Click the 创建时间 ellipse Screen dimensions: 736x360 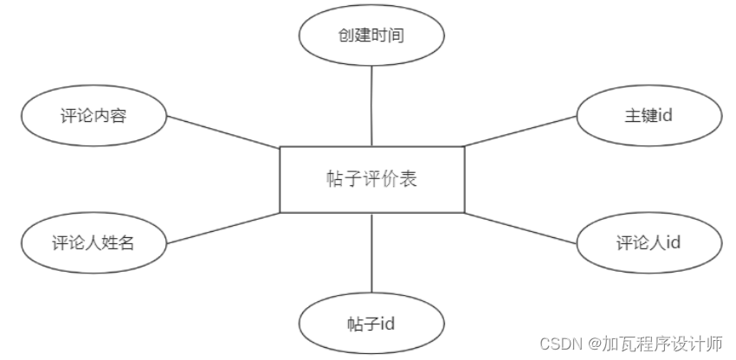371,35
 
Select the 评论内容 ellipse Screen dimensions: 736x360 94,115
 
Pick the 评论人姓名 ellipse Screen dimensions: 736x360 94,242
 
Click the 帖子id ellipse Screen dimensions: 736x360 371,324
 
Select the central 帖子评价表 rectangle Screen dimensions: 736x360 371,179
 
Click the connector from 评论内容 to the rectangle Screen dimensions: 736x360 223,132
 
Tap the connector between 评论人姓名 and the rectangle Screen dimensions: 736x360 222,228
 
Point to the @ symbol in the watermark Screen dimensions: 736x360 593,344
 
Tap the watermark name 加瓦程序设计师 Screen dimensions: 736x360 662,344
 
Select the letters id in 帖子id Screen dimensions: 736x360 388,324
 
